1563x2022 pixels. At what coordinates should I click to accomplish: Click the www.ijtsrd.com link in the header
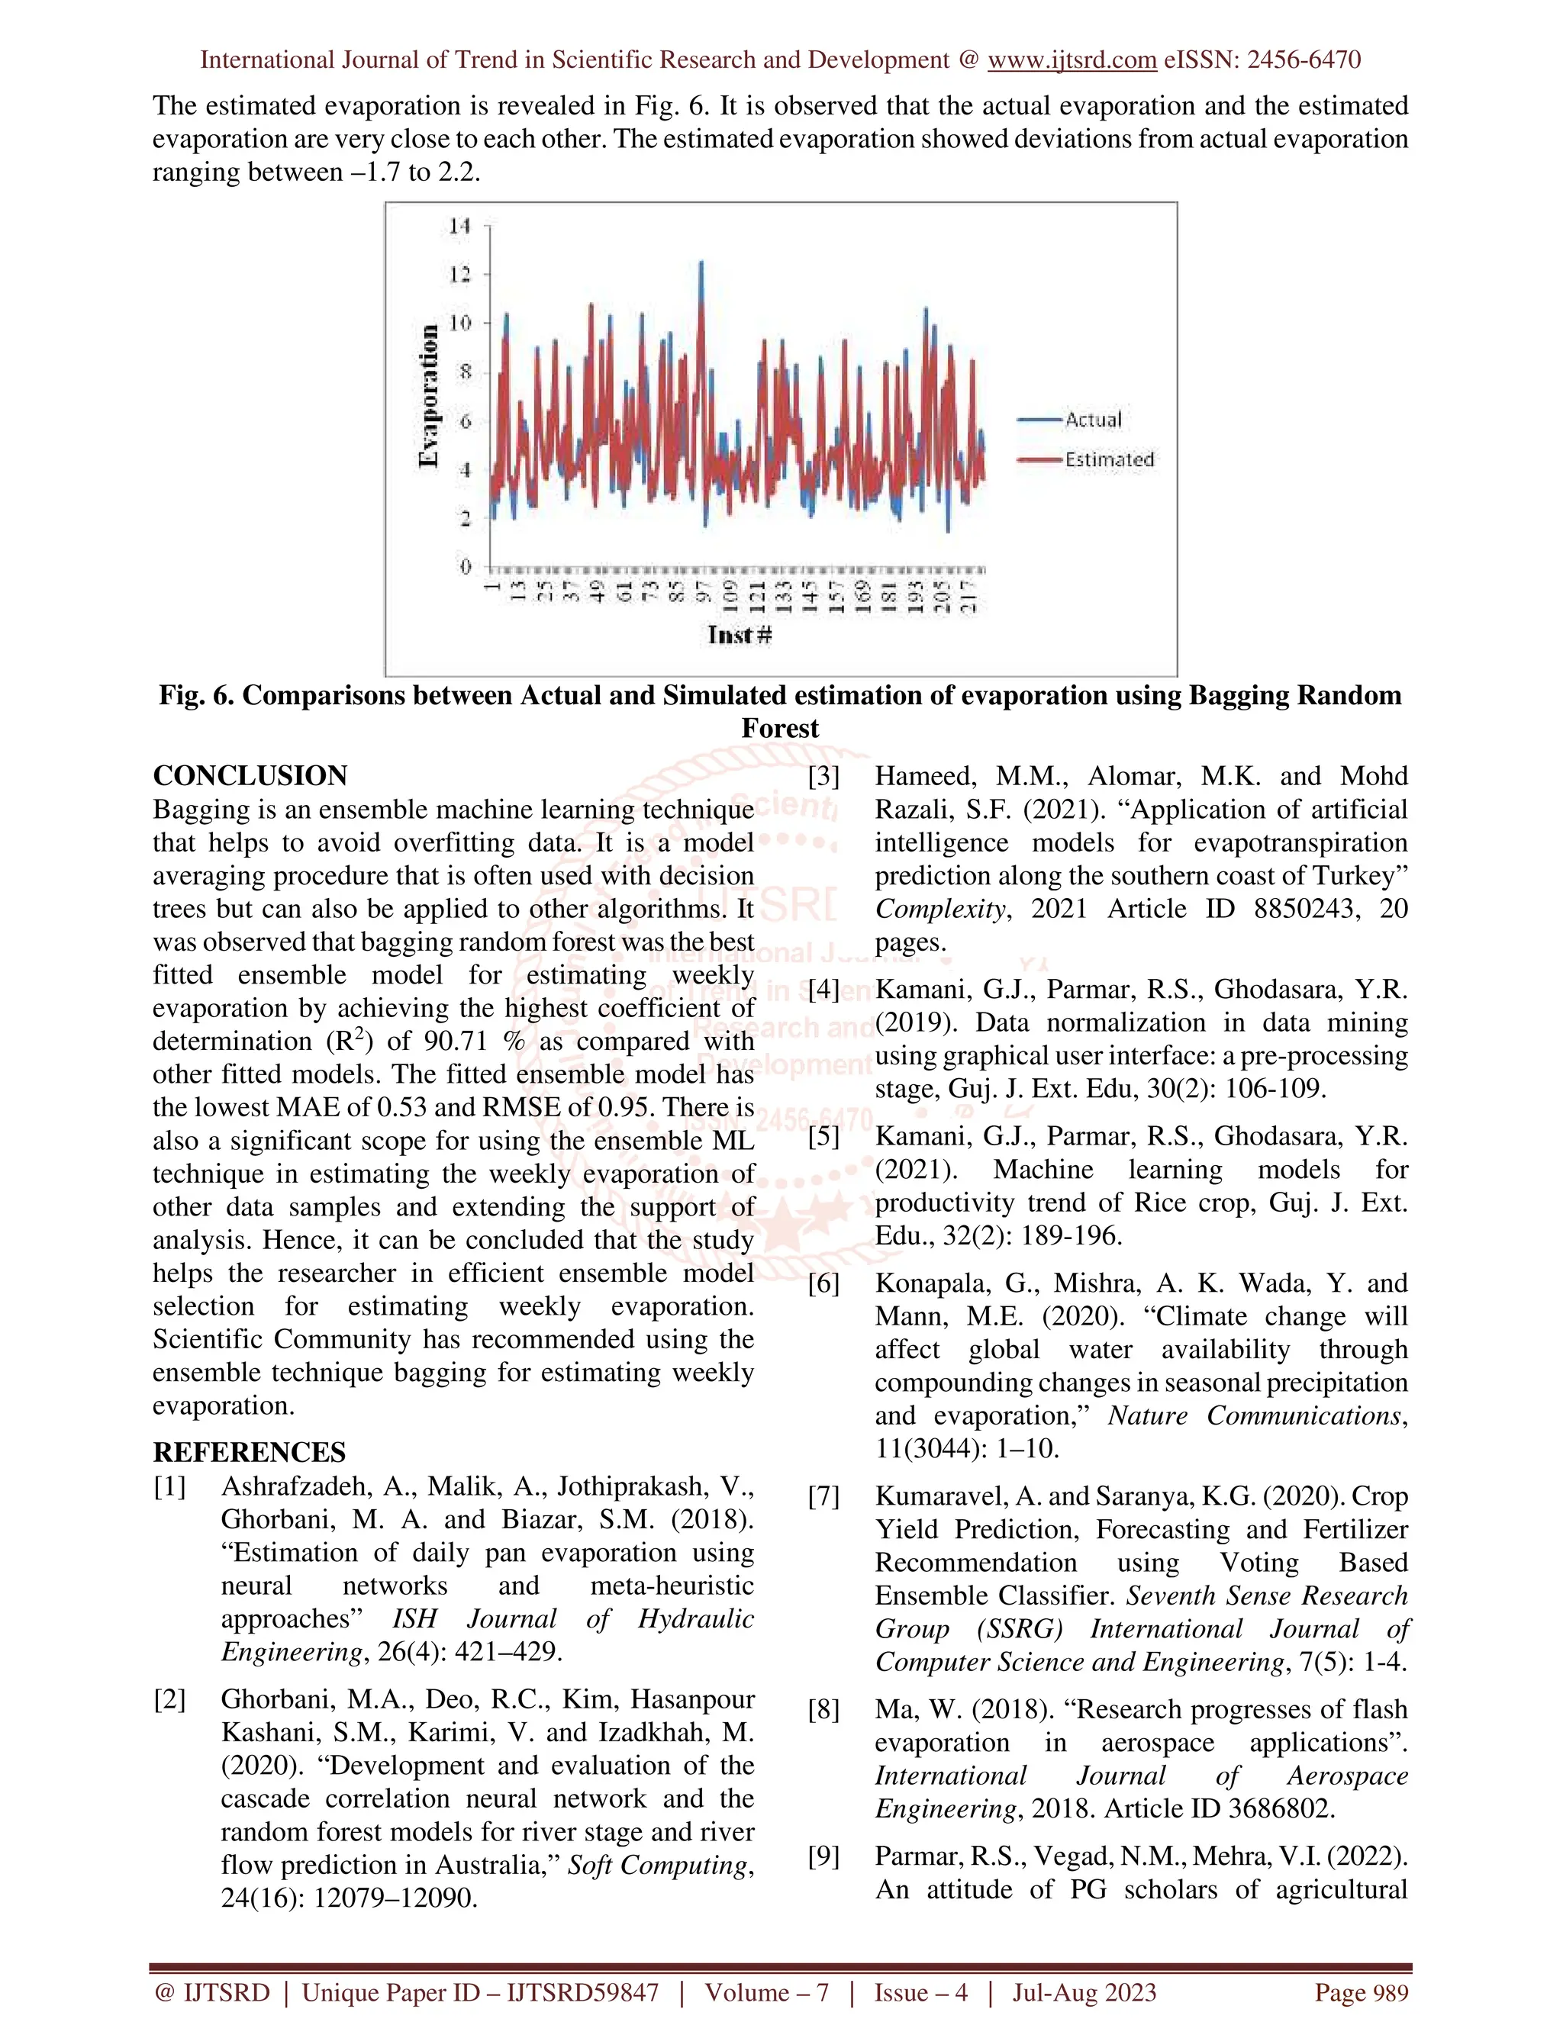[1072, 60]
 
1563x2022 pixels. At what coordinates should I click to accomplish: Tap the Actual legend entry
[1093, 420]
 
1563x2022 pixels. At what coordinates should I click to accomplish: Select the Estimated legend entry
[1108, 459]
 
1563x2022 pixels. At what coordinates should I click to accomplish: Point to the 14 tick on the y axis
[459, 226]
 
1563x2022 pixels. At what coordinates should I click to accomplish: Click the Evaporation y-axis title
[428, 396]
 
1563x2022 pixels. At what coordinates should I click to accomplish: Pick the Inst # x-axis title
[739, 634]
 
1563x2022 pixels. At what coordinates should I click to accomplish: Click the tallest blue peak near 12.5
[701, 264]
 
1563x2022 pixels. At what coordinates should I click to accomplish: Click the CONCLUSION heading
[250, 776]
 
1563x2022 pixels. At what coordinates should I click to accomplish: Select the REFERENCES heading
[249, 1452]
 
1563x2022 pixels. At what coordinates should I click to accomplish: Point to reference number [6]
[824, 1283]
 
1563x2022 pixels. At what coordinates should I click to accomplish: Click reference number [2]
[169, 1700]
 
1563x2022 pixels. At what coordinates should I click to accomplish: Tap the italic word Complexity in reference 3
[939, 910]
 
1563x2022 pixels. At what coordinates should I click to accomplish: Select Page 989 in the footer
[1362, 1992]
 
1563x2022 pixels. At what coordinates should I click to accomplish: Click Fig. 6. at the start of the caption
[196, 695]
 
